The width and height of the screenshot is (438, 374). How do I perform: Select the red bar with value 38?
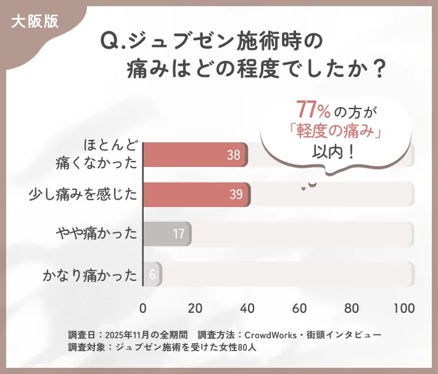coord(195,155)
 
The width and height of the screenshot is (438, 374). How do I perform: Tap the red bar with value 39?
coord(196,195)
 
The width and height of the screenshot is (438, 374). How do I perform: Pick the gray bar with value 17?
coord(167,234)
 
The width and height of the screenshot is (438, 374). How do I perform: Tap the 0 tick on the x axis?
coord(143,308)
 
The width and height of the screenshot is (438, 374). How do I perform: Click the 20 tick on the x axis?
coord(195,308)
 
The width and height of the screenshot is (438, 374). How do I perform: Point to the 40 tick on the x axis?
coord(247,308)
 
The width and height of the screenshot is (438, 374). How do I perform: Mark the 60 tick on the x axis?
coord(300,308)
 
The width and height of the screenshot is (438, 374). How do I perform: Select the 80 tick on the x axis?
coord(352,308)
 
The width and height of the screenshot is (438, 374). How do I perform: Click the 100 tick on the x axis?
coord(404,308)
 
